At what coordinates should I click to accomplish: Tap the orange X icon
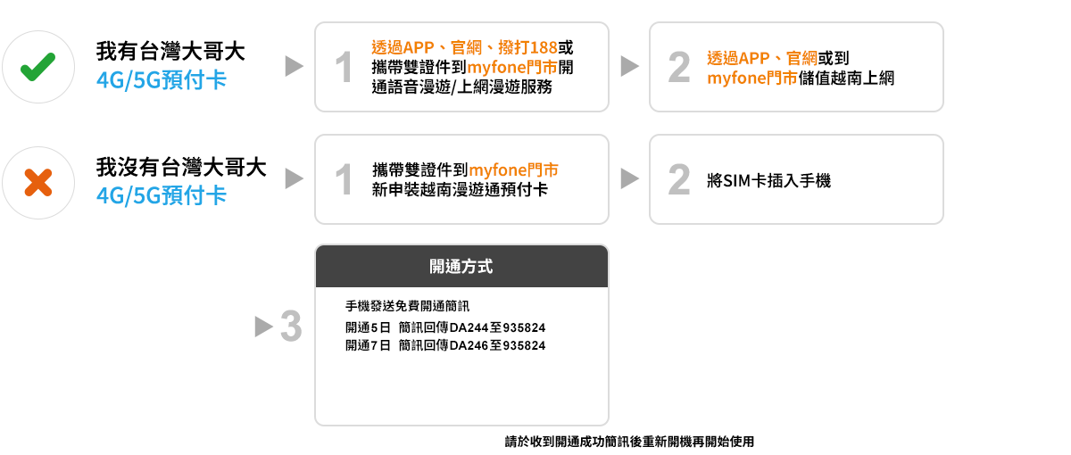coord(37,183)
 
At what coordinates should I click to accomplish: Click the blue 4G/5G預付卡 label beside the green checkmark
coord(162,80)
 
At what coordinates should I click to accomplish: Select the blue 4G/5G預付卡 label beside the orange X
coord(162,194)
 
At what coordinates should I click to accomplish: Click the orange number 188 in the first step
coord(543,47)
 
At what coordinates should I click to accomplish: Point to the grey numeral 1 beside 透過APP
coord(344,68)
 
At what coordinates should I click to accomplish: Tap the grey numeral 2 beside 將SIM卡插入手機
coord(678,180)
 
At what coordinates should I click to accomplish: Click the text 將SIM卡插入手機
coord(768,180)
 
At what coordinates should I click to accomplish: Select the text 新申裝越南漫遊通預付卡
coord(461,190)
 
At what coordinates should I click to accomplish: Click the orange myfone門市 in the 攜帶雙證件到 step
coord(514,170)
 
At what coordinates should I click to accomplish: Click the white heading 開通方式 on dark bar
coord(461,266)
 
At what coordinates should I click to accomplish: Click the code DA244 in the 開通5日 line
coord(468,327)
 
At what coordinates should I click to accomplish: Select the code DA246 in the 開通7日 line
coord(468,345)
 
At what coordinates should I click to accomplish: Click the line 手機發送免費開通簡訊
coord(407,306)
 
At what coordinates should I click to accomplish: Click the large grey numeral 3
coord(290,327)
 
